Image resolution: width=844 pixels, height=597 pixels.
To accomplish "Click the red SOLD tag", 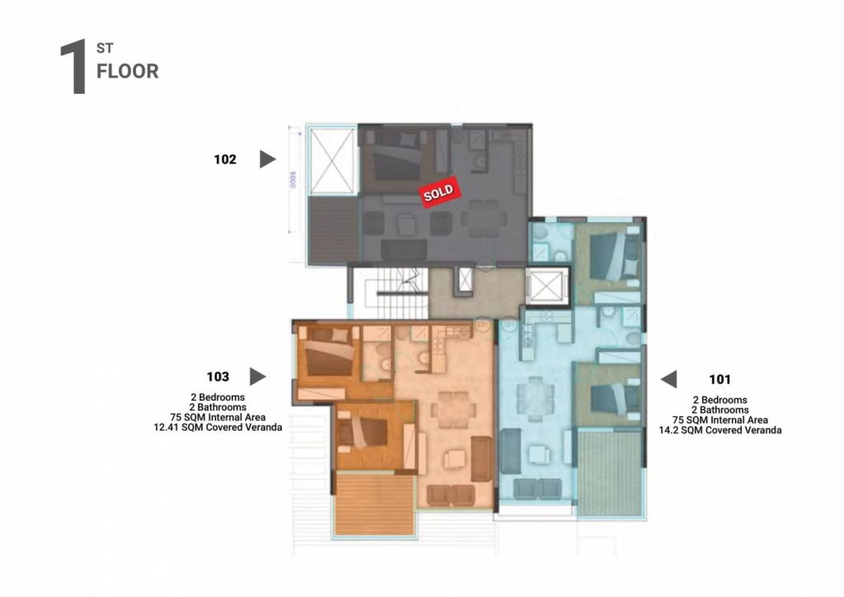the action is tap(440, 191).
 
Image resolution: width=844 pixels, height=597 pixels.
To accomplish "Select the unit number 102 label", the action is tap(225, 159).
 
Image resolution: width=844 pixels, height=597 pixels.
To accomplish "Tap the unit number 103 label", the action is tap(218, 377).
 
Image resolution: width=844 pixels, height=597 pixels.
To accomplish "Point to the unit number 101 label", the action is tap(720, 379).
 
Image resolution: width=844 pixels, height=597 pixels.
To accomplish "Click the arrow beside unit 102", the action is tap(268, 159).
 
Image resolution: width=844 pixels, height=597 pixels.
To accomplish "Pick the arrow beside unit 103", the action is tap(257, 377).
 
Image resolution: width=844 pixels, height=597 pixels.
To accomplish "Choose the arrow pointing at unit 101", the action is tap(669, 379).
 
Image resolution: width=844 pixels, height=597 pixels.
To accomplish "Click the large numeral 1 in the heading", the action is tap(73, 66).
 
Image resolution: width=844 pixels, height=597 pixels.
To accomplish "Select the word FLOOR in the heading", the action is tap(128, 71).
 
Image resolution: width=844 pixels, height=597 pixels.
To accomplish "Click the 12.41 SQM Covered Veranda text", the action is tap(218, 427).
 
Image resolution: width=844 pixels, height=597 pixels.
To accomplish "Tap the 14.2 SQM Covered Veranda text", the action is tap(720, 430).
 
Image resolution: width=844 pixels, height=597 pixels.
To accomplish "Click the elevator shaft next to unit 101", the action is tap(546, 286).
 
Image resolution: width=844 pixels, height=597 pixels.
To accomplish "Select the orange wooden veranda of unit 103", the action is tap(373, 504).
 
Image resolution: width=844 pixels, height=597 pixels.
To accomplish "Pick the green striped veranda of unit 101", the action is tap(611, 472).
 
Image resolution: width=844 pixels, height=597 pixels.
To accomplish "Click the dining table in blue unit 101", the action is tap(535, 399).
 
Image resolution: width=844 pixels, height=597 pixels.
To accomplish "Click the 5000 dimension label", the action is tap(293, 179).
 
